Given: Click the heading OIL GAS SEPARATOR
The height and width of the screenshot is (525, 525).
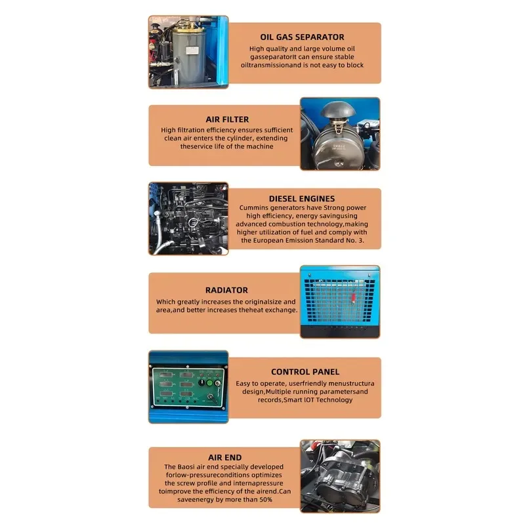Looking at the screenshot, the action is pos(302,37).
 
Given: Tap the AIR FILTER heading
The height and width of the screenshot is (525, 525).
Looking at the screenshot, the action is pos(227,119).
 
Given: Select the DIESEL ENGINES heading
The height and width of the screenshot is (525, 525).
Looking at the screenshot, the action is pos(302,199).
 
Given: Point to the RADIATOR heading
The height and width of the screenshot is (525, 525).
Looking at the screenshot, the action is pos(226,290).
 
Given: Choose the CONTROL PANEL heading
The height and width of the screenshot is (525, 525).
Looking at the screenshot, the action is pos(305,372).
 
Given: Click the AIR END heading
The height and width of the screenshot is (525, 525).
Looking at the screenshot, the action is pos(224,457).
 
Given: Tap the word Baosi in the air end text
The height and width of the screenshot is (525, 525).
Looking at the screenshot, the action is pos(186,467).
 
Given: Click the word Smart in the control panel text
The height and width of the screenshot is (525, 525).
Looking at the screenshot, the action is pos(293,400).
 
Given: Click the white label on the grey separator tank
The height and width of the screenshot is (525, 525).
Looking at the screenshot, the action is pos(192,51).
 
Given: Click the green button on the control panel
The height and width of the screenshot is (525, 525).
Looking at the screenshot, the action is pos(209,383).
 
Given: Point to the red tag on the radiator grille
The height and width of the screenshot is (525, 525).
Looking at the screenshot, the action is pos(353,298).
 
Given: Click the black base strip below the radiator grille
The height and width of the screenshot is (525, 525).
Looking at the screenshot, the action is pos(340,331).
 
